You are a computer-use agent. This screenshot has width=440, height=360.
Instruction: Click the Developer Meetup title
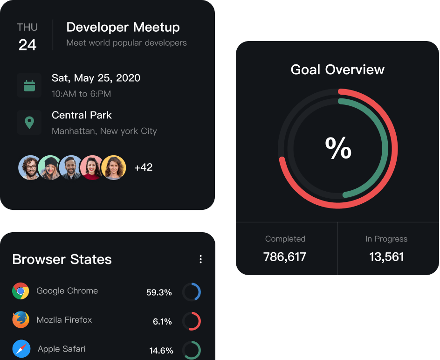click(123, 27)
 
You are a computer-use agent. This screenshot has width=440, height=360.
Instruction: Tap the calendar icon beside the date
click(29, 85)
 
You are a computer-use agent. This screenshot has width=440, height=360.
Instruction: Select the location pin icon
click(29, 123)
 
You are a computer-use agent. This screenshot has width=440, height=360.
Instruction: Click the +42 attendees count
click(143, 167)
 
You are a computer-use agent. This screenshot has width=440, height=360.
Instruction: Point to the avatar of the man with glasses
click(30, 167)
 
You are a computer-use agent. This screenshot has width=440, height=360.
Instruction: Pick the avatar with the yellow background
click(114, 167)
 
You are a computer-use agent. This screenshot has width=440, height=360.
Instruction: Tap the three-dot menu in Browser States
click(200, 259)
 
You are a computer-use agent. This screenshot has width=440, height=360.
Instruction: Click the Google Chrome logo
click(21, 291)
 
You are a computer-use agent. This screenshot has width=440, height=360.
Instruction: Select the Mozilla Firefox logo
click(21, 320)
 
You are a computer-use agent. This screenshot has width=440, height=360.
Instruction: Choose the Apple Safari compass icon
click(21, 349)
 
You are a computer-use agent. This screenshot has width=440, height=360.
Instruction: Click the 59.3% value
click(159, 293)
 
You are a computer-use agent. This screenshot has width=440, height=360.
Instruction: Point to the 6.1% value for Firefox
click(162, 322)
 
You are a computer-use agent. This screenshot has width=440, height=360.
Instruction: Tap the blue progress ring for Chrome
click(192, 292)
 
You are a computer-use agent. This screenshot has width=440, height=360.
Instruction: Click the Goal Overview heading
click(337, 69)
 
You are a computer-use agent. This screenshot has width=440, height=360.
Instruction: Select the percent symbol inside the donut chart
click(338, 149)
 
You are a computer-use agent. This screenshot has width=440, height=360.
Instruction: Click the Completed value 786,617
click(285, 256)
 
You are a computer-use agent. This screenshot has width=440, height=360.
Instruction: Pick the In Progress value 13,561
click(386, 256)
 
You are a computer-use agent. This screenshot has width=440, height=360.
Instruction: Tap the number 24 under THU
click(27, 45)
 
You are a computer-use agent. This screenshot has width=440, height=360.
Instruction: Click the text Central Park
click(82, 115)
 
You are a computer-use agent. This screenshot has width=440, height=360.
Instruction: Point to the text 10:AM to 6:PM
click(81, 94)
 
